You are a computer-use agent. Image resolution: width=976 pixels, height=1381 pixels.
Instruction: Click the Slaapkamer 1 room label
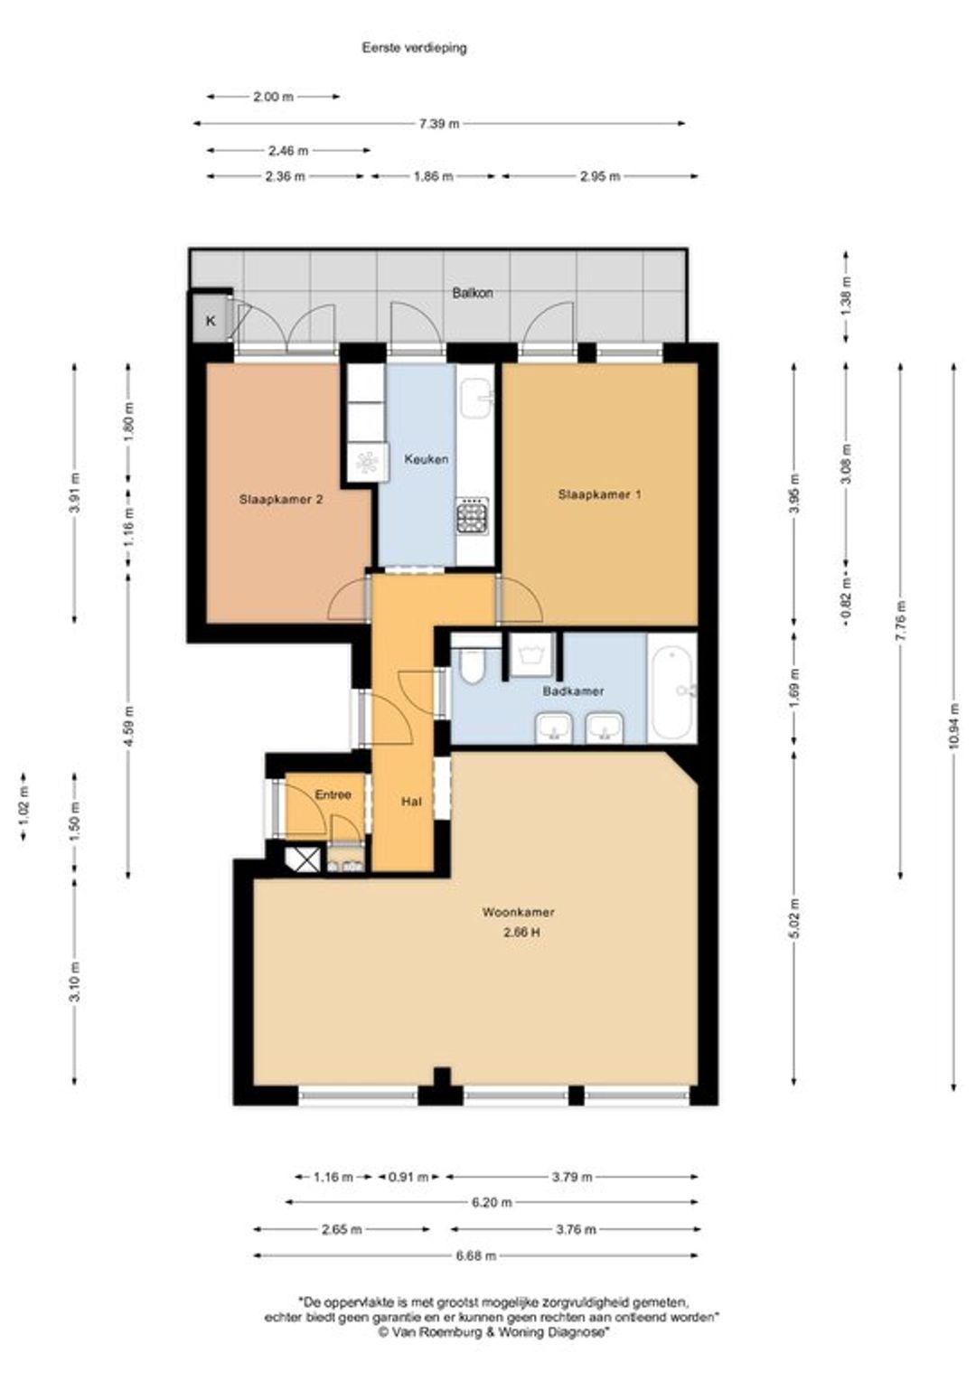[599, 493]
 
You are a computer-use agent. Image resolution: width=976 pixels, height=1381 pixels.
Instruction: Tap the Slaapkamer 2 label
[280, 500]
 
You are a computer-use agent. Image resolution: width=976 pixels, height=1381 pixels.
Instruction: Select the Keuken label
[426, 459]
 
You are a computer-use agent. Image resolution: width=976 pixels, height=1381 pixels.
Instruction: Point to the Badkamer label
[573, 691]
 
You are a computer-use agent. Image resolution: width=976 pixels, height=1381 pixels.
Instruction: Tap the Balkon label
[473, 294]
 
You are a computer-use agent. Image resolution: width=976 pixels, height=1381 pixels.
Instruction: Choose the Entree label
[333, 794]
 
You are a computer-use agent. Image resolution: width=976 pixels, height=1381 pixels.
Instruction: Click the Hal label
[411, 802]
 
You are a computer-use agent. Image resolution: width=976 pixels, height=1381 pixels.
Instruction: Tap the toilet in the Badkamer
[474, 664]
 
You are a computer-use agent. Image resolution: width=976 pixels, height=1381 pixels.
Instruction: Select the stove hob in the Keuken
[473, 515]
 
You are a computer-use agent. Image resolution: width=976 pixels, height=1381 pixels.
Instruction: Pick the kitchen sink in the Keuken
[476, 399]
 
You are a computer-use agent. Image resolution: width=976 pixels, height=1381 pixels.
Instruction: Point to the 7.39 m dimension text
[439, 123]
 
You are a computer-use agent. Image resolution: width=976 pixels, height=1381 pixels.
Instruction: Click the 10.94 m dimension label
[954, 726]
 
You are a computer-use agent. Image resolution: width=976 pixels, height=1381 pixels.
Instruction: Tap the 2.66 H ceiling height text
[521, 933]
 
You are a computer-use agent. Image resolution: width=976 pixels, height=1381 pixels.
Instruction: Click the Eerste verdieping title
[414, 48]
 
